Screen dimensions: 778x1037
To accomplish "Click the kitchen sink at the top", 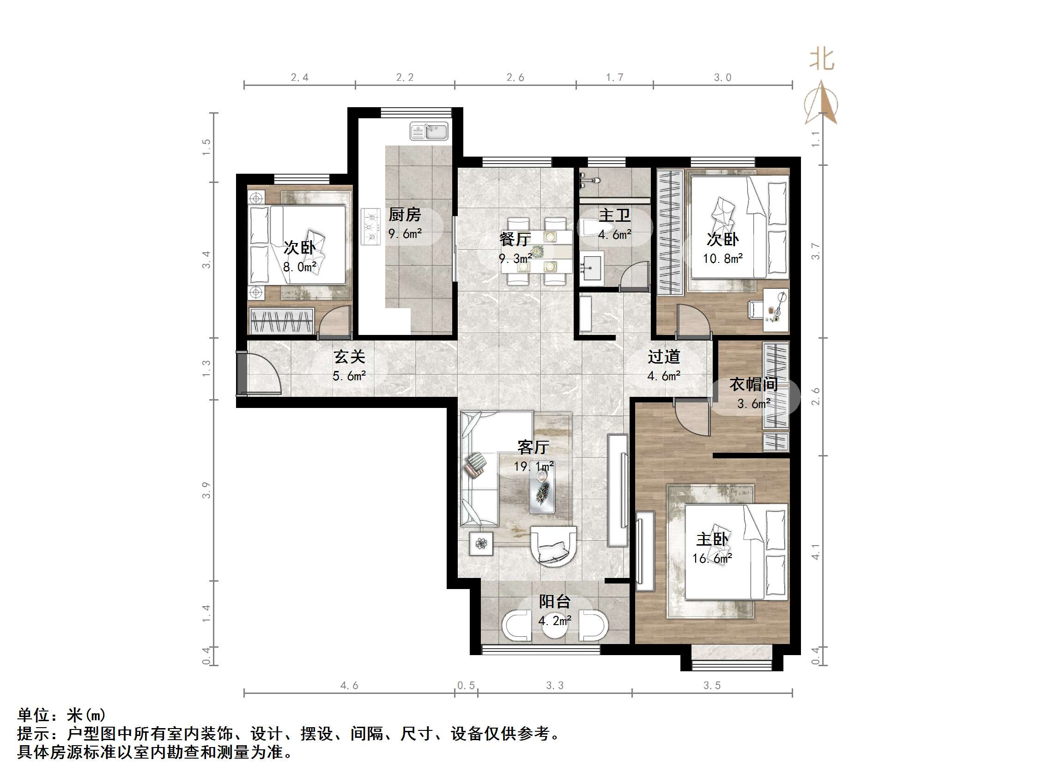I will click(429, 131).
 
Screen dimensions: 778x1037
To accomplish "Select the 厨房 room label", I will click(405, 215).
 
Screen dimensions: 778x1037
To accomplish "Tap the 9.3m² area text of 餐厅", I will click(515, 258).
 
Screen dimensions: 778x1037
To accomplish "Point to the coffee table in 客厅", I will click(542, 492).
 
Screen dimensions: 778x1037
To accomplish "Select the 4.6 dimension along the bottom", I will click(349, 686).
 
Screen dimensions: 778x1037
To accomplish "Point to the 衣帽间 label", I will click(753, 385).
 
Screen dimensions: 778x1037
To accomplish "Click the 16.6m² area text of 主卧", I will click(712, 559).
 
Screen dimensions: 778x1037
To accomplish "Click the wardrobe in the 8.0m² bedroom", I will click(281, 321).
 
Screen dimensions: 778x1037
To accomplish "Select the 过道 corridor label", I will click(664, 357).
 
